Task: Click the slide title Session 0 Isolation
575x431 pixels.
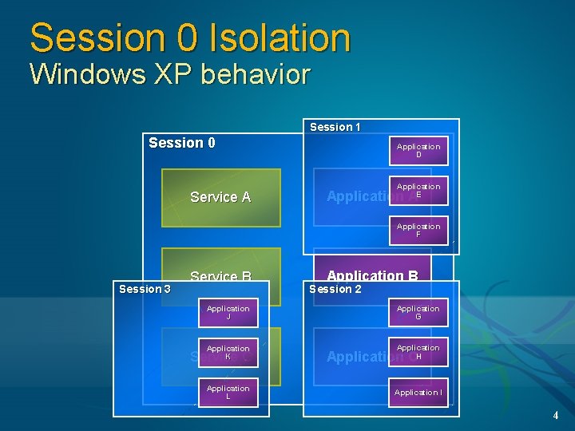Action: click(x=190, y=38)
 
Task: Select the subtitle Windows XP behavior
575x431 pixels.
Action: click(x=169, y=74)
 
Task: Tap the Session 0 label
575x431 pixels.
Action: click(x=181, y=143)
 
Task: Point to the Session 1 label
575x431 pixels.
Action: click(x=335, y=127)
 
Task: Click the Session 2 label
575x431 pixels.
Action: click(x=335, y=289)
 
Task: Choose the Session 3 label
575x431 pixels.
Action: click(x=144, y=289)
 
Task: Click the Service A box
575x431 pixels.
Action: click(x=220, y=197)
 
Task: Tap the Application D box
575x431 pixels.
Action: click(x=418, y=151)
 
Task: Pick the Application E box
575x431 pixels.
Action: click(x=418, y=191)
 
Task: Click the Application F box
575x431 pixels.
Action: click(x=418, y=231)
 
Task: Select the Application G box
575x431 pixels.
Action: click(x=418, y=313)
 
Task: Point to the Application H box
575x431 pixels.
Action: click(x=418, y=352)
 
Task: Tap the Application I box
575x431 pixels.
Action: click(x=418, y=393)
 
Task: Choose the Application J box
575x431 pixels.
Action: click(x=228, y=313)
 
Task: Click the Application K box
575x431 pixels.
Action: click(x=228, y=353)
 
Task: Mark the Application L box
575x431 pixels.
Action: click(x=228, y=393)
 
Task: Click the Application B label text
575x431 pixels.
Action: click(x=372, y=276)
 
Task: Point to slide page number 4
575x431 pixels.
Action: click(x=555, y=415)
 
